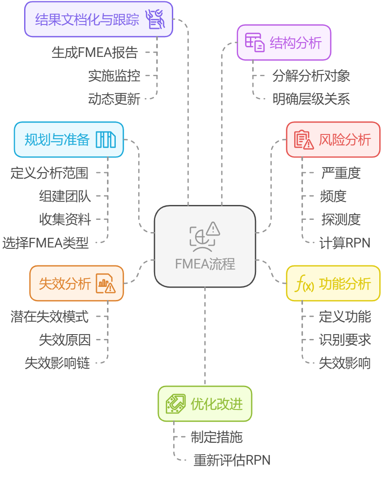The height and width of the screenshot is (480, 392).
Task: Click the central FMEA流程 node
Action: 205,246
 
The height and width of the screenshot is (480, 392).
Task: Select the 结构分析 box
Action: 284,42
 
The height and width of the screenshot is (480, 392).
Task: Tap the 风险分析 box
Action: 333,140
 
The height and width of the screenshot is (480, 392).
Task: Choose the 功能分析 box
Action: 333,284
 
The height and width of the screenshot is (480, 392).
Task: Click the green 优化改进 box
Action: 205,403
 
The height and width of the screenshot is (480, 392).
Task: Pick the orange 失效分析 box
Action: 76,283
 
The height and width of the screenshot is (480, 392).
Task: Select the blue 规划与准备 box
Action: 69,140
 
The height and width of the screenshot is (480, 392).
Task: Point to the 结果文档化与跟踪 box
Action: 99,19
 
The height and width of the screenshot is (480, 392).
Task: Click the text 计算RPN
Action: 345,243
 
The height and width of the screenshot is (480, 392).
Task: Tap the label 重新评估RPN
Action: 232,460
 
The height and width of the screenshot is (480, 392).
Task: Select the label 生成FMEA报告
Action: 95,53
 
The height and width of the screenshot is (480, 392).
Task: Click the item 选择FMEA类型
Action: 46,243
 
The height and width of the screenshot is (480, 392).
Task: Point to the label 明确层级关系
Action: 311,99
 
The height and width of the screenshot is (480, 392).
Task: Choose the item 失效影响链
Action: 57,363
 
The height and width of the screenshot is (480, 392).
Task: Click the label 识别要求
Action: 345,340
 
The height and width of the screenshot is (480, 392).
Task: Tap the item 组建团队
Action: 65,196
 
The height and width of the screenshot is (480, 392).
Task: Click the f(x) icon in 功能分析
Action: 304,284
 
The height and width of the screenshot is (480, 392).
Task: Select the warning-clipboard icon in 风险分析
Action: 304,140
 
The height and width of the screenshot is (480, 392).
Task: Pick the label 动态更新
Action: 114,99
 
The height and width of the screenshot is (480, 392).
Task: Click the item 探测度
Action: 341,219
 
